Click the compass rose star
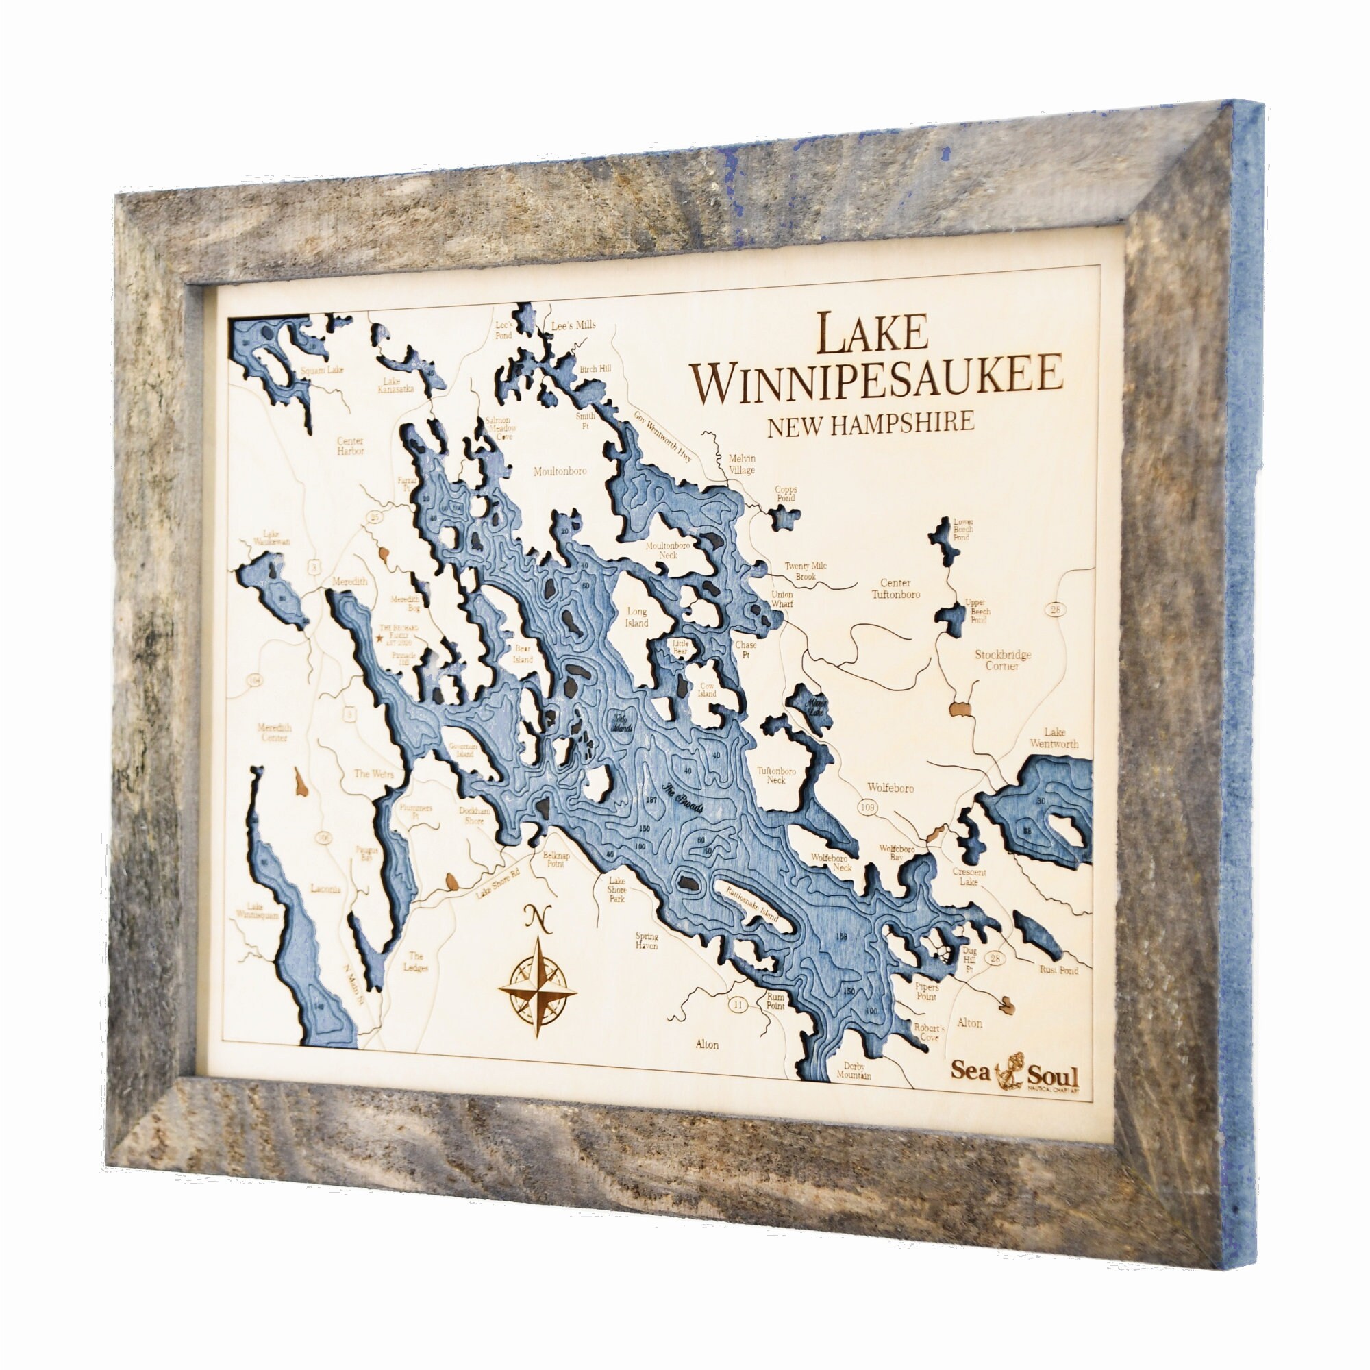click(x=538, y=988)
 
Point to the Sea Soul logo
click(x=1014, y=1071)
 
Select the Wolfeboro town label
click(x=891, y=788)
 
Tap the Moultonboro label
click(x=560, y=471)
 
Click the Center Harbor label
click(x=350, y=445)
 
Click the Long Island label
click(x=637, y=617)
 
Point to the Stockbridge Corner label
click(x=1002, y=660)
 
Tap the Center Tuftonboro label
click(x=895, y=588)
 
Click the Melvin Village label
click(x=742, y=464)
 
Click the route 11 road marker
click(x=738, y=1004)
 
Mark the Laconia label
click(x=325, y=888)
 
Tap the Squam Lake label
click(x=322, y=369)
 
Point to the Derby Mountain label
click(x=853, y=1070)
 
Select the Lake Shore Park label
click(x=616, y=889)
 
